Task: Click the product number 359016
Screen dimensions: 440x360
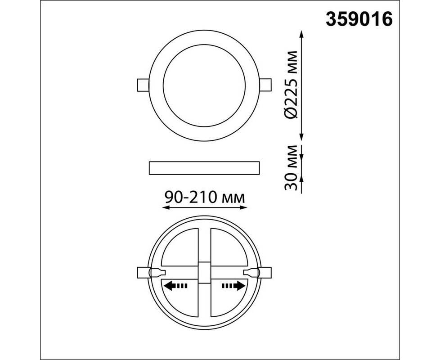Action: point(359,19)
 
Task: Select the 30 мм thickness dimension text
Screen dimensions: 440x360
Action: point(291,168)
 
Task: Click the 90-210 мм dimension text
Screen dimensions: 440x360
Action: point(205,197)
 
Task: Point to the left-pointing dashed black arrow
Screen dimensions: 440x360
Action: point(175,286)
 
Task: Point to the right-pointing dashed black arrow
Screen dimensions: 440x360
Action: point(233,286)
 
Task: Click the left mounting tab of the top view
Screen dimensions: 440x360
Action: point(143,85)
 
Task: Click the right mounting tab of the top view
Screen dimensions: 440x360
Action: point(265,85)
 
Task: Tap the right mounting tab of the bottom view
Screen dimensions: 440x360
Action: point(265,272)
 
